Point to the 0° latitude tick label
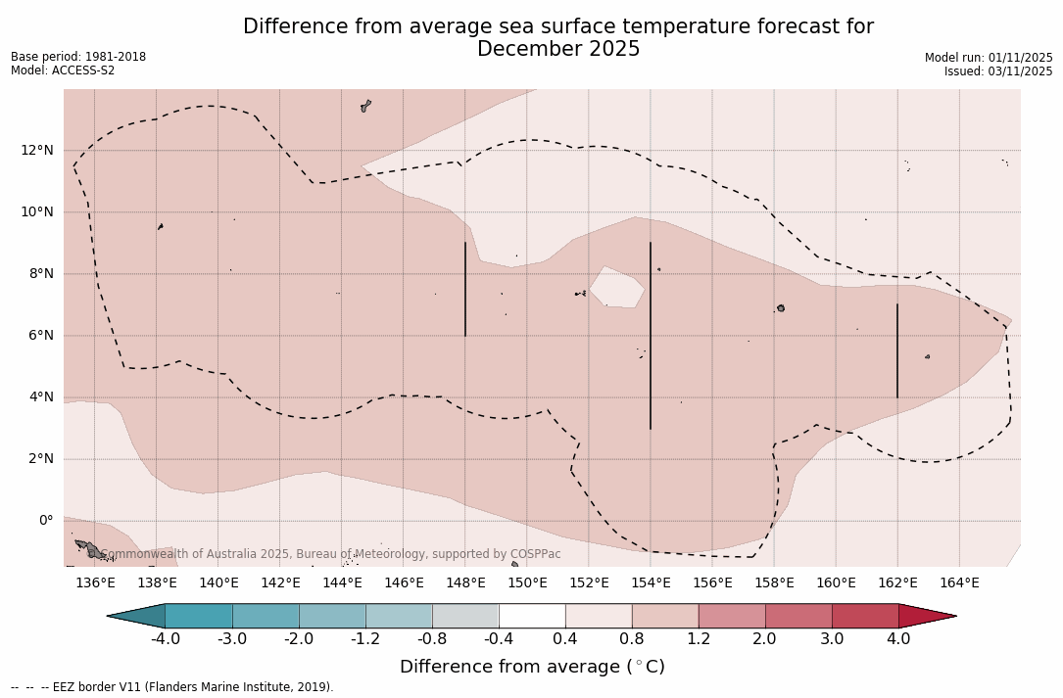(44, 520)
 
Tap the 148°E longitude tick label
(465, 583)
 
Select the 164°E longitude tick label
(959, 583)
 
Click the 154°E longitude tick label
(651, 583)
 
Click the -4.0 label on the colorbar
(165, 639)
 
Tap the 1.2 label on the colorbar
(699, 639)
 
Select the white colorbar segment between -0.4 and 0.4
(532, 616)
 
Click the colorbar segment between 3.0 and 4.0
(865, 616)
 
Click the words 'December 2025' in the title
(558, 49)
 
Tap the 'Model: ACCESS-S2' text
(63, 70)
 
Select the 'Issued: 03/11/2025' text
(998, 71)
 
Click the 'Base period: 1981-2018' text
(78, 57)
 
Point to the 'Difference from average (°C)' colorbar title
(532, 667)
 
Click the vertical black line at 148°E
(465, 290)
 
